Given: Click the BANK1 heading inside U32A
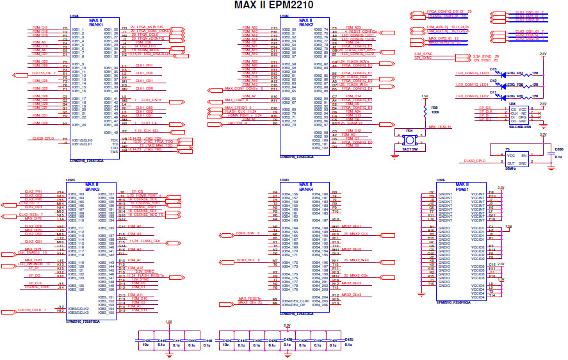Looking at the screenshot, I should pos(95,24).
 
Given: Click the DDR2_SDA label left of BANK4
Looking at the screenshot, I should pos(247,233).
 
